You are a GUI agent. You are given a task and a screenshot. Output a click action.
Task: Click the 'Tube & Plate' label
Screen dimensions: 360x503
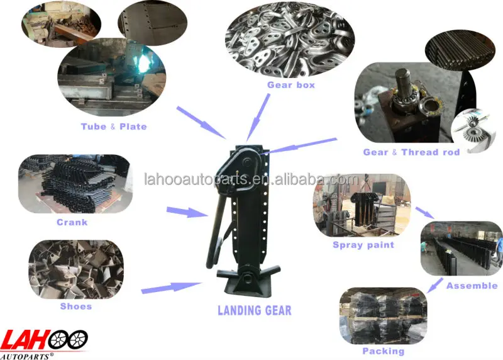[113, 127]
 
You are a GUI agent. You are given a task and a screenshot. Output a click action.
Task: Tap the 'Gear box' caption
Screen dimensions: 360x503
[290, 84]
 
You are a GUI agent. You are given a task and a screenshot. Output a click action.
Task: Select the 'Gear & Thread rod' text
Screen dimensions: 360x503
[411, 152]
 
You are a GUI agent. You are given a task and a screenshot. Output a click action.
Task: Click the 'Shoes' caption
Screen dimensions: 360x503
[75, 307]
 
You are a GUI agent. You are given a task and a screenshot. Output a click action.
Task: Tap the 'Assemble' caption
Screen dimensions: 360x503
[472, 286]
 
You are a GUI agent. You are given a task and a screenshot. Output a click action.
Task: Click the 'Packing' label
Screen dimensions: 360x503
[383, 351]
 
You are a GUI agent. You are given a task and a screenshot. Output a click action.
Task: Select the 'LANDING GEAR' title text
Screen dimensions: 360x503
[254, 310]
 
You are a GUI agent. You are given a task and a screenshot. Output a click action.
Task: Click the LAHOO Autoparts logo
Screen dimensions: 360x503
[44, 340]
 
